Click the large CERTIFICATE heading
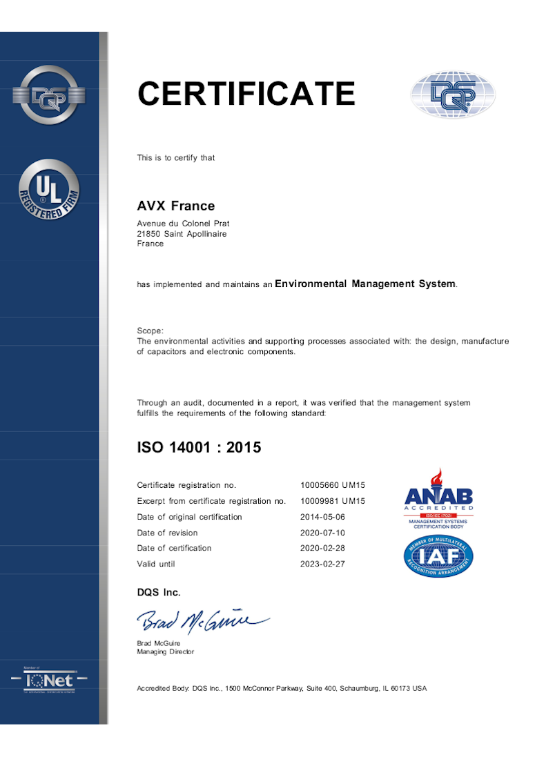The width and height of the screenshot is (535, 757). (x=246, y=94)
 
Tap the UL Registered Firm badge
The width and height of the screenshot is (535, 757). (x=48, y=190)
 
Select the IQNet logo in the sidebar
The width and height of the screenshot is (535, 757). (x=49, y=680)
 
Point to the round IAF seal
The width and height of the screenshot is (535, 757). (x=438, y=556)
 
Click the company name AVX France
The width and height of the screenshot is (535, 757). (x=176, y=206)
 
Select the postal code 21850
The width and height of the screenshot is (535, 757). (x=149, y=234)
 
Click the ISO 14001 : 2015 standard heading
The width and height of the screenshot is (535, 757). (x=199, y=447)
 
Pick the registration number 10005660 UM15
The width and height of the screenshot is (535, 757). (x=333, y=485)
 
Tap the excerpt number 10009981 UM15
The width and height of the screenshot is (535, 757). (x=333, y=501)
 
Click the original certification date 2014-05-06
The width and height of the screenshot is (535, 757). (x=322, y=517)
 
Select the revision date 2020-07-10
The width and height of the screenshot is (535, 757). (x=322, y=533)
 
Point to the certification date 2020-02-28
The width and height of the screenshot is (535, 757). (x=322, y=548)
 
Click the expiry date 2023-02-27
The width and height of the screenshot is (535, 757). (x=322, y=564)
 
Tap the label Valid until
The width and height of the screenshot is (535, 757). (x=156, y=564)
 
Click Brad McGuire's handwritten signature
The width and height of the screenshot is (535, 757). (x=200, y=621)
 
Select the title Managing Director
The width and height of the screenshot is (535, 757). (x=166, y=651)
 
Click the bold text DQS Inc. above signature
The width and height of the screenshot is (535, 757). (x=159, y=592)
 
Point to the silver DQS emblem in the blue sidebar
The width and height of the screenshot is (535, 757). (x=48, y=95)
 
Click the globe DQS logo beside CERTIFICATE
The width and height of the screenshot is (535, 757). (x=453, y=95)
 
